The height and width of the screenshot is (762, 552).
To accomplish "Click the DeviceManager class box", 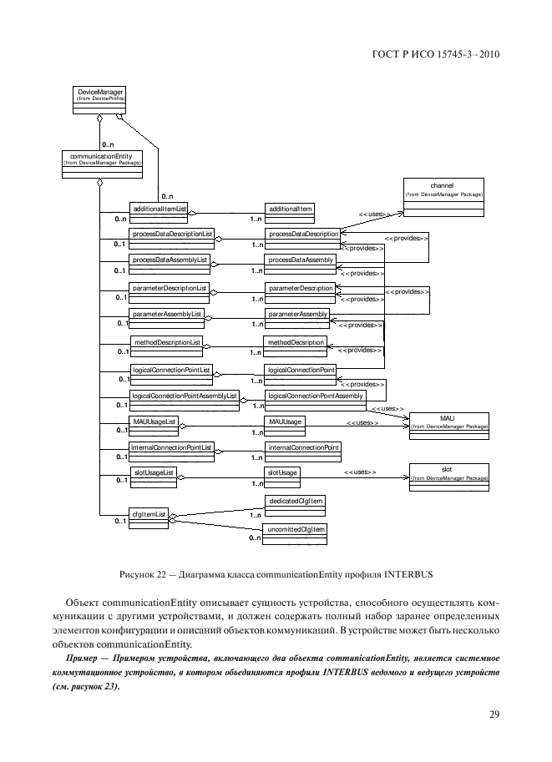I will point(99,98).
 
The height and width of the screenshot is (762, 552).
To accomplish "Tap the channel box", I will point(443,192).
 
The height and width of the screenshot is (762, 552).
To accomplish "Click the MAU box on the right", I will point(447,422).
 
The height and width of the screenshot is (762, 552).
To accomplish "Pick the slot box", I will point(447,474).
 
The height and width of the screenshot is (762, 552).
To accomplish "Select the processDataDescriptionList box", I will point(172,234).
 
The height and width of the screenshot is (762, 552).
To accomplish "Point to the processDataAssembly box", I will point(301,260).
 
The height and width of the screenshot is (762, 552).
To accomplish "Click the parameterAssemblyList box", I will point(167,315).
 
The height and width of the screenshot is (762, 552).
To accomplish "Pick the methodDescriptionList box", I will point(166,341).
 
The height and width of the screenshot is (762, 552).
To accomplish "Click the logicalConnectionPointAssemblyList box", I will point(185,395).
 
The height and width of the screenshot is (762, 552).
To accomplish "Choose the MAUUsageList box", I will point(153,422).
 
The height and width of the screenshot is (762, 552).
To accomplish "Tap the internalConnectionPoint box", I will point(302,448).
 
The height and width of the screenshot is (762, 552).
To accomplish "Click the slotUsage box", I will point(281,473).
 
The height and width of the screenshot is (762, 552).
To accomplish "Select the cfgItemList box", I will point(148,513).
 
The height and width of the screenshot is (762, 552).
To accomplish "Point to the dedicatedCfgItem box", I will point(295,501).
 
